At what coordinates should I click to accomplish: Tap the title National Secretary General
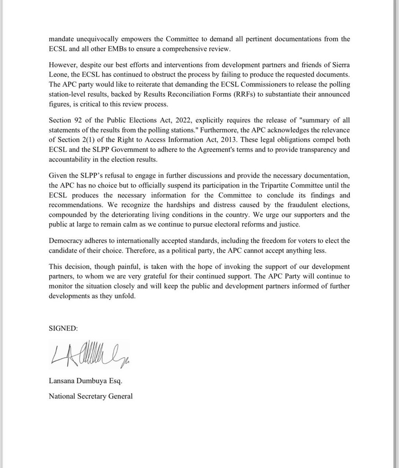91,396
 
